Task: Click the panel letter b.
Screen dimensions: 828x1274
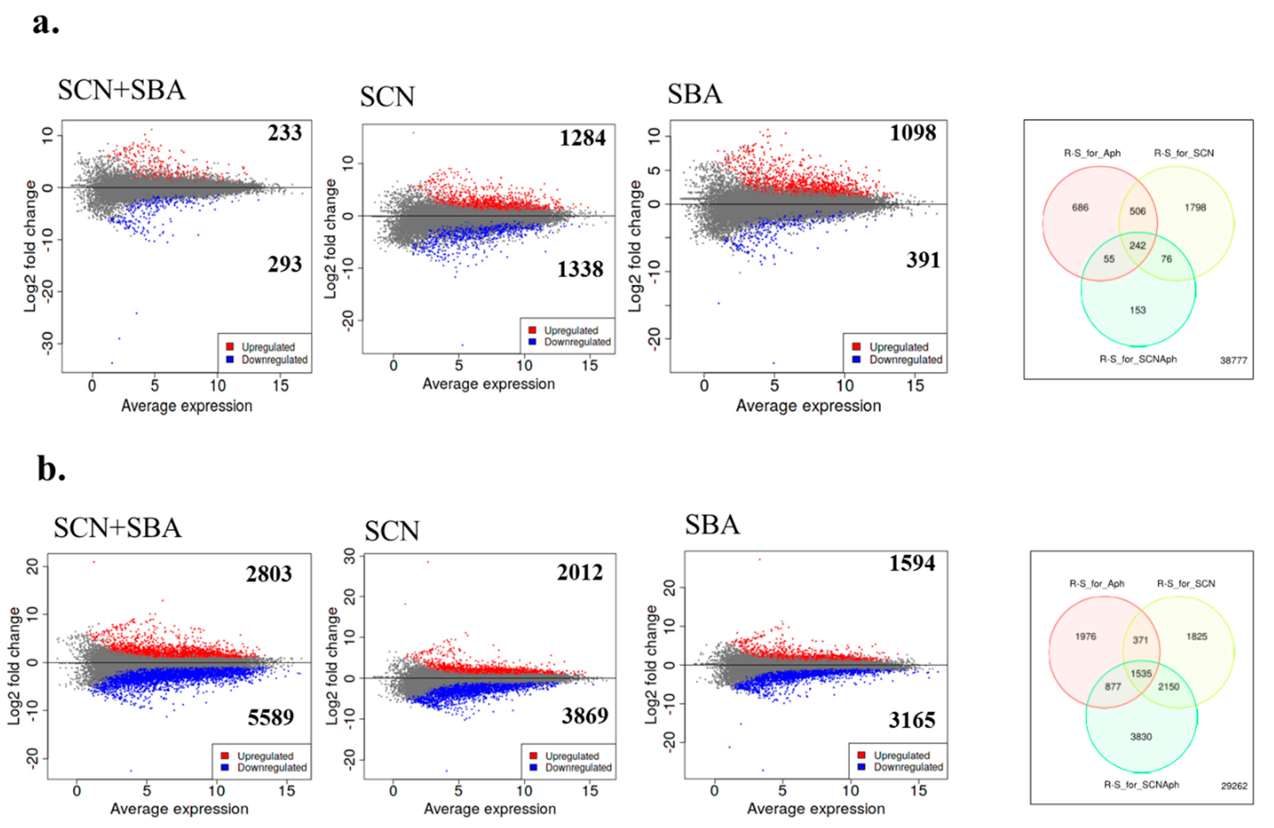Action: [51, 469]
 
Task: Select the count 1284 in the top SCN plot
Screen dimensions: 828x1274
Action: [582, 138]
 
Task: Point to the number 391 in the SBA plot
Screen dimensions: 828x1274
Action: [923, 260]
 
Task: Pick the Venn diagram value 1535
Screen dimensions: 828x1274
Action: [1141, 673]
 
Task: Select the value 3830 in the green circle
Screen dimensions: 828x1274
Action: [1141, 737]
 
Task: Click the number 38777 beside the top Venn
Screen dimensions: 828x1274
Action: [1233, 361]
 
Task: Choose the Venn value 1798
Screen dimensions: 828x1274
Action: [1195, 208]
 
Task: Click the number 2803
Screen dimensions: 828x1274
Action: [269, 574]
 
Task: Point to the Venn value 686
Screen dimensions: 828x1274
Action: [1080, 208]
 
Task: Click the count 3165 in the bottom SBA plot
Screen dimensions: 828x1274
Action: [912, 720]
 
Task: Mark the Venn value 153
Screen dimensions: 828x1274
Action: [1138, 310]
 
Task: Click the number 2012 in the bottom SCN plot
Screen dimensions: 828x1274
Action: [580, 573]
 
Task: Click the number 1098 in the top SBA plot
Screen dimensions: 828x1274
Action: [913, 133]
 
